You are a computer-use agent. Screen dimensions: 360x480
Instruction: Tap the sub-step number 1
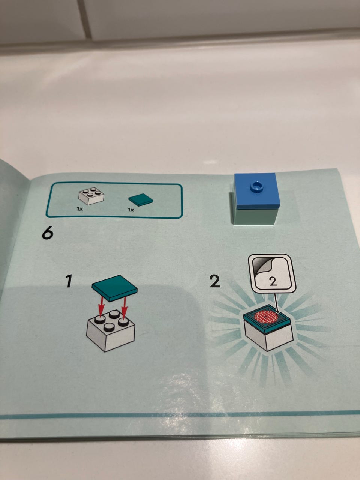tap(69, 281)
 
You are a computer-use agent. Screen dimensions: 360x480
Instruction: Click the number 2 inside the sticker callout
tap(273, 281)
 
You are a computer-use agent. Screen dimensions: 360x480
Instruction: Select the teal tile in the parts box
tap(141, 199)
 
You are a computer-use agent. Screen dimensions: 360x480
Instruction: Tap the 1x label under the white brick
tap(80, 209)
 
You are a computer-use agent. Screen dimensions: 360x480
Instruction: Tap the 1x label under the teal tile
tap(131, 210)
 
